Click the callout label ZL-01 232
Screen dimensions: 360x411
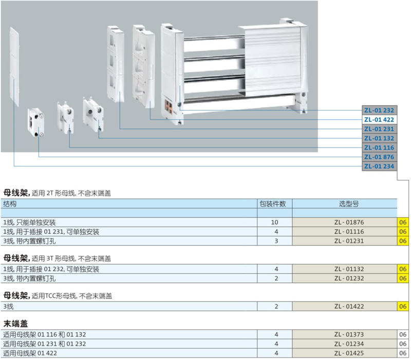379,110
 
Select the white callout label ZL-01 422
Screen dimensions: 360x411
379,119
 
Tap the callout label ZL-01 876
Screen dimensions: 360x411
379,156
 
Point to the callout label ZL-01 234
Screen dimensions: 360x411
379,166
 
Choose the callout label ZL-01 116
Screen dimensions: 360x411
379,147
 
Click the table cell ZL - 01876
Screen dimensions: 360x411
345,223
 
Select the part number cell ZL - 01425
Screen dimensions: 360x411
345,352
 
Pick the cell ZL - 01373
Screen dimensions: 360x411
345,334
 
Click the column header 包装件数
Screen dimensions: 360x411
275,204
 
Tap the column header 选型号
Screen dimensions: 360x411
345,204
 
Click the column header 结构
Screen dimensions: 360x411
10,204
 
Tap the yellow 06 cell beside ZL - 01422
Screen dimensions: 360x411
403,306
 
